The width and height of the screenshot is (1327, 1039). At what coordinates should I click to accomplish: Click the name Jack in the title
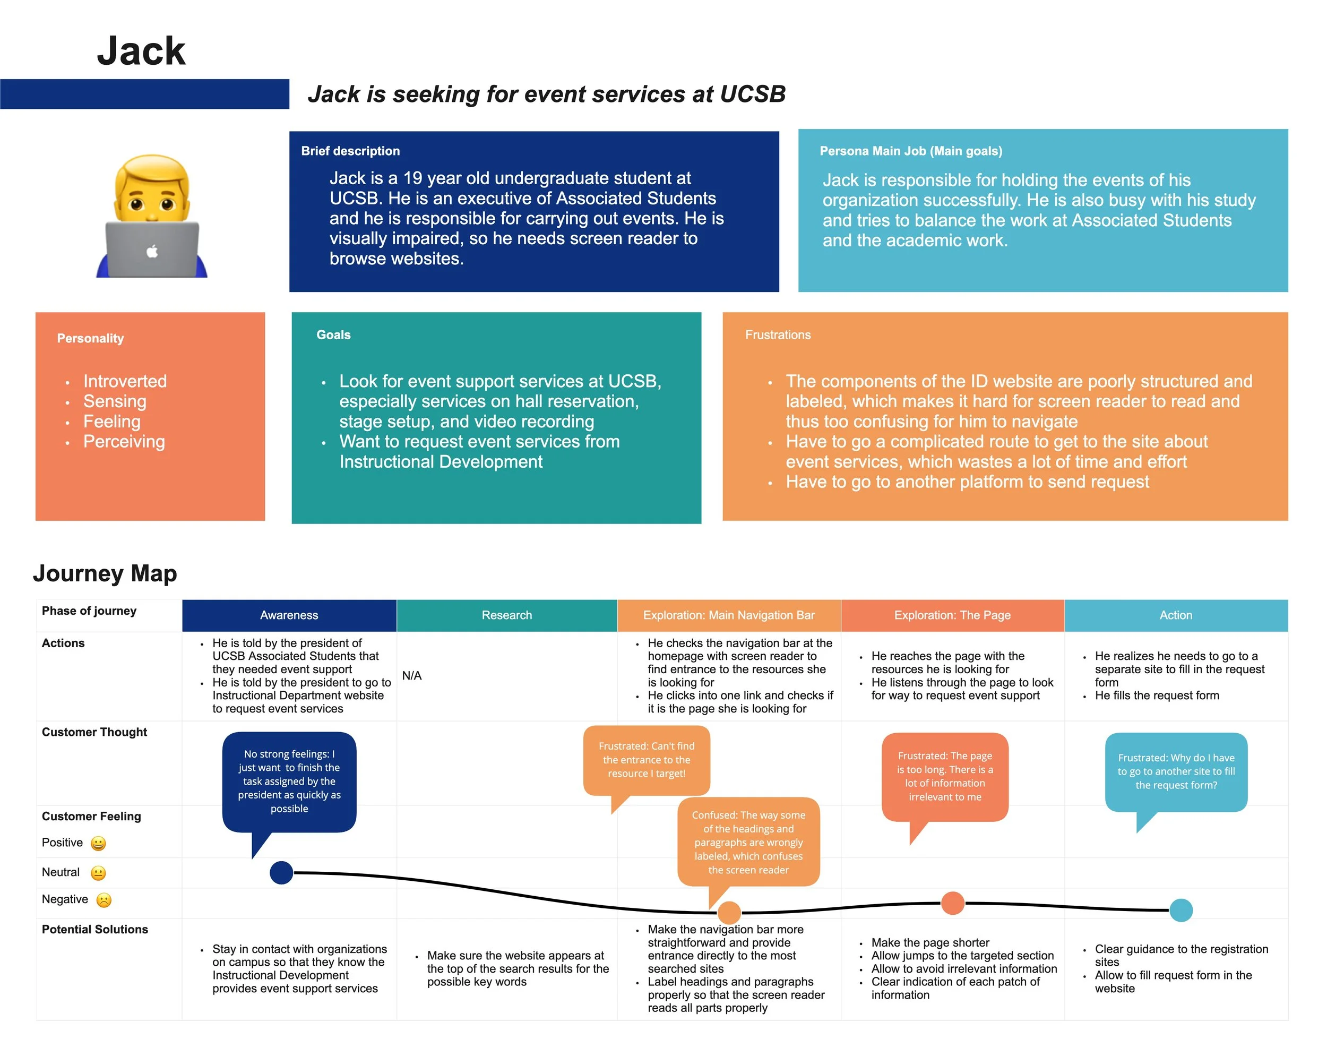[141, 50]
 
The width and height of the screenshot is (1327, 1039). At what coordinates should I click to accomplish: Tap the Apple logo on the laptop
[152, 251]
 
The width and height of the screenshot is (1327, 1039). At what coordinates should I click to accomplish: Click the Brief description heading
[350, 151]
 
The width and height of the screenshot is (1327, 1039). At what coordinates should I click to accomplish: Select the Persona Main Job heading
[910, 151]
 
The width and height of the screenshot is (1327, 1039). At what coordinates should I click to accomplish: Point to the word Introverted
[125, 381]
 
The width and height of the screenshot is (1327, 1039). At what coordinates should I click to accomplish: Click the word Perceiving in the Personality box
[124, 442]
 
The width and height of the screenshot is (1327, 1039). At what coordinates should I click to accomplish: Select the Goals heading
[333, 334]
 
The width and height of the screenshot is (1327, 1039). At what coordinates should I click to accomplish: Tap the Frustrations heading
[778, 334]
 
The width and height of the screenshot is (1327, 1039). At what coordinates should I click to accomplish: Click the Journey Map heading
[105, 573]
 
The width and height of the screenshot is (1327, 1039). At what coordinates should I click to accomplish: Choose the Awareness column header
[289, 615]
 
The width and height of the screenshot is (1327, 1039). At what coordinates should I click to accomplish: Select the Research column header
[506, 615]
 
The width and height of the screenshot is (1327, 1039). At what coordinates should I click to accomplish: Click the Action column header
[1176, 615]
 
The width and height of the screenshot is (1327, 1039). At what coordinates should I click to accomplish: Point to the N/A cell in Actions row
[412, 676]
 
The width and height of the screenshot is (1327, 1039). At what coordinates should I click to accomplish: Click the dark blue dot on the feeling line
[281, 873]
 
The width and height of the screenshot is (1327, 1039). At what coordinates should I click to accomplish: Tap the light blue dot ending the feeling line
[1181, 910]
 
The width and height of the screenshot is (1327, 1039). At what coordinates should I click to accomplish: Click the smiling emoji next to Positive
[98, 843]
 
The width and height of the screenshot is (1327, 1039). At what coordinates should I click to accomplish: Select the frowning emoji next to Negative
[104, 900]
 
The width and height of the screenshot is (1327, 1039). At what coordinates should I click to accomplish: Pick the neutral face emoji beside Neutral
[98, 873]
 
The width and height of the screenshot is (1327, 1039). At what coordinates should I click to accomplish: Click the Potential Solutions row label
[95, 930]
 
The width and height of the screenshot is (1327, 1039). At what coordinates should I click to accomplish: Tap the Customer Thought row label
[94, 732]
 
